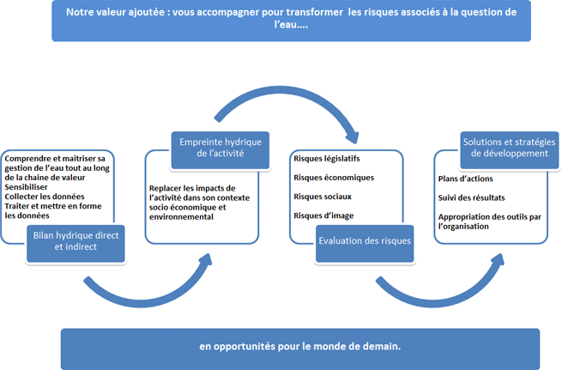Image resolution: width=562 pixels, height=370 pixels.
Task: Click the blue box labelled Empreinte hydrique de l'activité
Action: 220,150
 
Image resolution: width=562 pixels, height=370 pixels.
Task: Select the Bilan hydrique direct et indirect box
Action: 76,244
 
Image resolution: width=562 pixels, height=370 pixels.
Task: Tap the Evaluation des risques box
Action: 365,244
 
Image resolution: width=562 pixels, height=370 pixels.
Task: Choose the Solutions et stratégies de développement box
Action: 510,150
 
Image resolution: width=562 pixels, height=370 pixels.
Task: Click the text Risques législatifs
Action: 327,159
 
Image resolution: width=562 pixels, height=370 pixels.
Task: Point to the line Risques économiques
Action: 334,178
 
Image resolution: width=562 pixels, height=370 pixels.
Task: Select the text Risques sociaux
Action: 323,197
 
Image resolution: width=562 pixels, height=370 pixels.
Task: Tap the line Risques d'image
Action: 323,215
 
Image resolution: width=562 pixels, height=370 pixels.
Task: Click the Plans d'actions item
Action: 465,179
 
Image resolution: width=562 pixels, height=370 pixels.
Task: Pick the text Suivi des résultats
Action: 471,197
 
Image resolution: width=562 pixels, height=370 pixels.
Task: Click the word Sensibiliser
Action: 26,187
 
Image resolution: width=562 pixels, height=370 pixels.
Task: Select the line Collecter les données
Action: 45,197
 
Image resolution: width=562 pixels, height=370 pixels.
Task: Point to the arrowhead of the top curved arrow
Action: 353,136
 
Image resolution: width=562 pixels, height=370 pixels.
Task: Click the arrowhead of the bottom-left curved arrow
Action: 206,260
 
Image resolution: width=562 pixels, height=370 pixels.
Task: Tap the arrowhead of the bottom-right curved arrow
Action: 499,260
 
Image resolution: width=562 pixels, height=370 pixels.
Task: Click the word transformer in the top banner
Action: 314,12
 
